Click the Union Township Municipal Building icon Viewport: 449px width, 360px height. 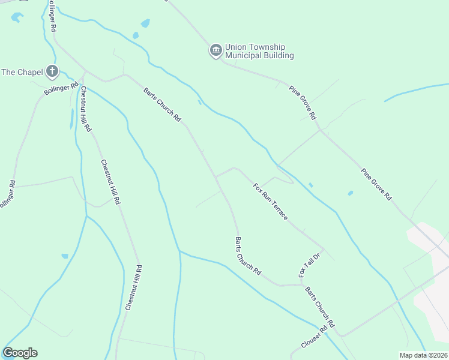[215, 51]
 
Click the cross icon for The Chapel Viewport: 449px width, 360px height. [52, 72]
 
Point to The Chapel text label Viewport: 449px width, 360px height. [22, 72]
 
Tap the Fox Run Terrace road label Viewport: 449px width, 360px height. [271, 201]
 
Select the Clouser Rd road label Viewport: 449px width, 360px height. [316, 338]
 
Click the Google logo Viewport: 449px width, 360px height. [20, 353]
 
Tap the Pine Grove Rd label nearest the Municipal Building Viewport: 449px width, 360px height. [303, 103]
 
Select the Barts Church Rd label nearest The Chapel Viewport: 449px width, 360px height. [162, 105]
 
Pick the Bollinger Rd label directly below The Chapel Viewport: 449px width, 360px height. [61, 88]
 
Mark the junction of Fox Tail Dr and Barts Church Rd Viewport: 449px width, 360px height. [300, 284]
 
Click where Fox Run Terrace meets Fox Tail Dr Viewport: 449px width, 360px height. [324, 249]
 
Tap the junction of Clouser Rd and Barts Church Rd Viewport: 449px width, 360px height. [340, 334]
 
